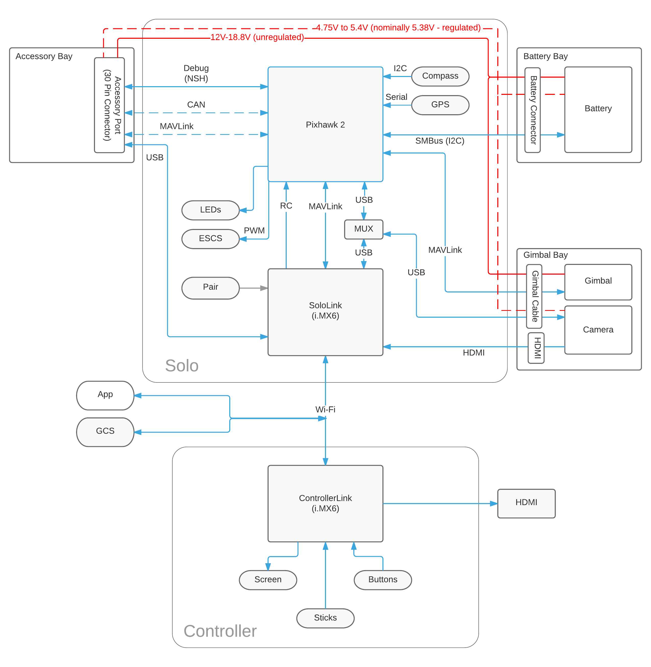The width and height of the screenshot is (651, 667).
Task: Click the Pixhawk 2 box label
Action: [325, 125]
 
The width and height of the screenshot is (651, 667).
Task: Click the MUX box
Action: [364, 229]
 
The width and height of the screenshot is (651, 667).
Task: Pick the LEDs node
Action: [210, 210]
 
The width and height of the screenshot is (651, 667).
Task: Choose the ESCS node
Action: [210, 238]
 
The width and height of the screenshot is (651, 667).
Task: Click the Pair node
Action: [210, 287]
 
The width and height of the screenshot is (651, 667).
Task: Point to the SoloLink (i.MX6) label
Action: [325, 310]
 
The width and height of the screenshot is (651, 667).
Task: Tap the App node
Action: [105, 394]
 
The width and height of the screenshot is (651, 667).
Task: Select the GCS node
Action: [105, 431]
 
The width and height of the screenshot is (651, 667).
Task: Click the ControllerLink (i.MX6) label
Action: [325, 503]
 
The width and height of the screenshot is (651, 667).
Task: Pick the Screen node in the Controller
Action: [268, 579]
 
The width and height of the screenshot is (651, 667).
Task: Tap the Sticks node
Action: [325, 618]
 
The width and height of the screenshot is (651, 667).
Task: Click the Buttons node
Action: [383, 579]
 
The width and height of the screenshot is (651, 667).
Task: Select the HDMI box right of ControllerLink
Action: [526, 502]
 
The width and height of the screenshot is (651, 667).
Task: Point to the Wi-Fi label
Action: [325, 409]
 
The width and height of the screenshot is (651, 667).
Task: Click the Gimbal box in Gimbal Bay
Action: [598, 281]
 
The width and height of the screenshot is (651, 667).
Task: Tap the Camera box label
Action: [598, 330]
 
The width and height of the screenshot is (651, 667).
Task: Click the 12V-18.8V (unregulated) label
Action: [257, 37]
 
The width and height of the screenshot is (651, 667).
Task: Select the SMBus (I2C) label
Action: [439, 141]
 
